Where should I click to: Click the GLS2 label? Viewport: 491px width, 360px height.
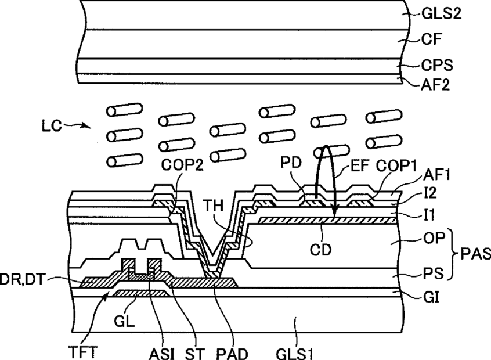441,14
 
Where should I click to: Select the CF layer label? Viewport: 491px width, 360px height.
431,39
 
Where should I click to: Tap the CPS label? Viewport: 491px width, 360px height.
437,65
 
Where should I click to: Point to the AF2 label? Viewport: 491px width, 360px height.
435,85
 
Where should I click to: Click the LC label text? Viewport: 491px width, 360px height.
52,126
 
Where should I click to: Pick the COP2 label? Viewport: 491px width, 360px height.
182,165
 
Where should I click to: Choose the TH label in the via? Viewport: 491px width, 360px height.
213,206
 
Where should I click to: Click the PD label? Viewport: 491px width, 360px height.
291,163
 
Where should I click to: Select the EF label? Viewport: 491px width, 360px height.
360,165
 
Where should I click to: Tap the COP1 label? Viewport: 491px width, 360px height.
396,166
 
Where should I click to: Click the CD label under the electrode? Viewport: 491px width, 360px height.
320,250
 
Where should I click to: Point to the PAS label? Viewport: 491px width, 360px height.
475,254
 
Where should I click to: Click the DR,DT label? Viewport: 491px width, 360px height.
21,279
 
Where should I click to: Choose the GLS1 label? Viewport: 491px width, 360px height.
294,354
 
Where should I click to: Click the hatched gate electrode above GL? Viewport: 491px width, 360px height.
142,293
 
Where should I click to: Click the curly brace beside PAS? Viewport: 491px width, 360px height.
453,254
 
